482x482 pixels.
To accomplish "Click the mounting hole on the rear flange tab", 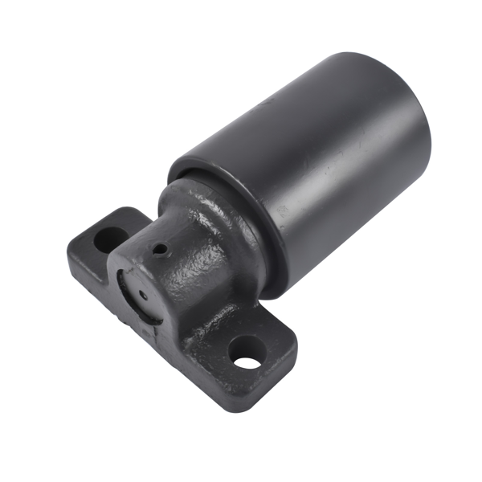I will click(x=106, y=239).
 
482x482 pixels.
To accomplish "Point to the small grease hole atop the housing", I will click(x=161, y=249).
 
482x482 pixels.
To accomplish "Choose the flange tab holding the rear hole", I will click(x=100, y=241).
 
